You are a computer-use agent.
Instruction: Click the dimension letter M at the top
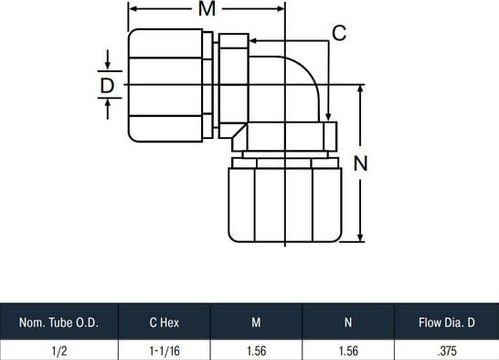pos(207,9)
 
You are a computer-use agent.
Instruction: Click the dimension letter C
pos(339,33)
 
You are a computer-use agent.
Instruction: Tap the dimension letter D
pos(107,85)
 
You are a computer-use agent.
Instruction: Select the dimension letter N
pos(361,164)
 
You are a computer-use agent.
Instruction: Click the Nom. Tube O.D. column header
pos(58,323)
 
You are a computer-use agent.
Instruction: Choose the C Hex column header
pos(165,323)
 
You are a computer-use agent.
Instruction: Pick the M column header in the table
pos(256,323)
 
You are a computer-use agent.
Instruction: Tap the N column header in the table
pos(348,323)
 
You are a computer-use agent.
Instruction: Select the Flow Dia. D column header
pos(447,323)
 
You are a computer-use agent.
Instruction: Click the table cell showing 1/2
pos(59,351)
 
